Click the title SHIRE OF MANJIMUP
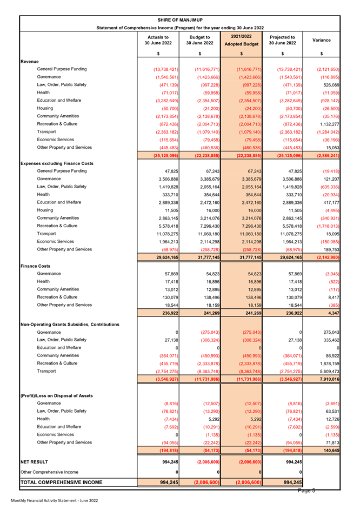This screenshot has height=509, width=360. pos(179,20)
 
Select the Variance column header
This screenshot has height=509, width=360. pos(322,40)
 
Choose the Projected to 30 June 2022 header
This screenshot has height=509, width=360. pos(282,40)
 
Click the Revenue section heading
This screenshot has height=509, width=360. pos(29,62)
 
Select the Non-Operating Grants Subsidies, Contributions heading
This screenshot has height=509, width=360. pos(69,324)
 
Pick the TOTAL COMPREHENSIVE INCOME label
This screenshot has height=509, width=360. pos(61,482)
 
